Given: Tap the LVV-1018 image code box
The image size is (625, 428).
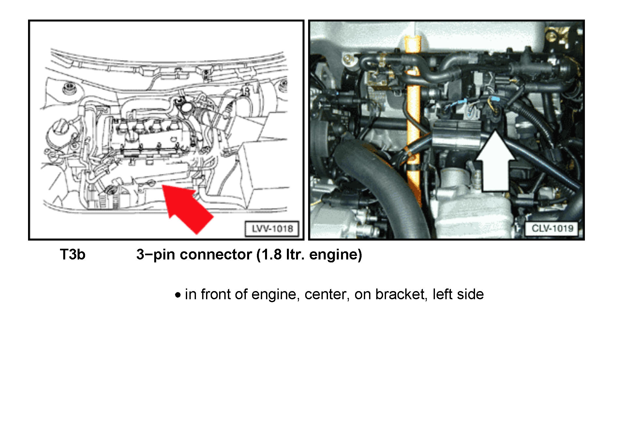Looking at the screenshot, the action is (272, 229).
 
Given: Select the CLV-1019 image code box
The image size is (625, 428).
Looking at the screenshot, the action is (552, 228).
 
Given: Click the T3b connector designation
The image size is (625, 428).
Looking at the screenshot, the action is (72, 255).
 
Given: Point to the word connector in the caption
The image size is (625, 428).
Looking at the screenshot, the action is (216, 255).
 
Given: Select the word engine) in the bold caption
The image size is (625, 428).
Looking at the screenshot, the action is (335, 255).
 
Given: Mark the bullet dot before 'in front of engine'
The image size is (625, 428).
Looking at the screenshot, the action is (178, 295).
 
